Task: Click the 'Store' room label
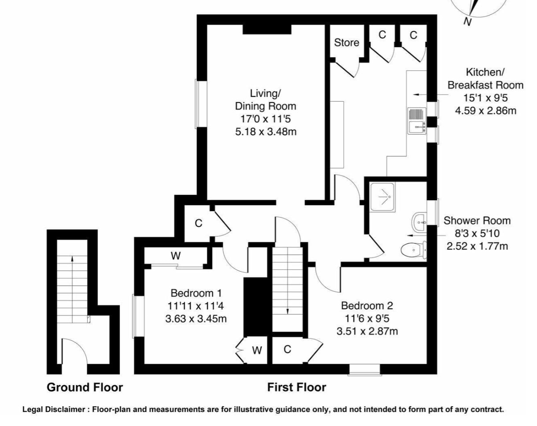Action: (346, 43)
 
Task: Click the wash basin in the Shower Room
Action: (419, 222)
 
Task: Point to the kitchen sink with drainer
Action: (417, 121)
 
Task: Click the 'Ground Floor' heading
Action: (85, 388)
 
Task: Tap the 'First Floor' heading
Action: (297, 388)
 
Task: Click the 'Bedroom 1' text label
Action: (196, 293)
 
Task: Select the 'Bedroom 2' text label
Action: (367, 306)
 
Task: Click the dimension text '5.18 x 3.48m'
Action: (266, 132)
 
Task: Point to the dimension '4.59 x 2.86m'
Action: (486, 110)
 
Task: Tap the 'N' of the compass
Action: (467, 22)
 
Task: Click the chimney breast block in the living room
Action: (267, 29)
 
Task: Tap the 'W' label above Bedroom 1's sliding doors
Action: (176, 256)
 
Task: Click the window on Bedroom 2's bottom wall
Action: (365, 370)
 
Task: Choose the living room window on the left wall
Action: (201, 104)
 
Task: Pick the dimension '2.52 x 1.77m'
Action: (477, 246)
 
